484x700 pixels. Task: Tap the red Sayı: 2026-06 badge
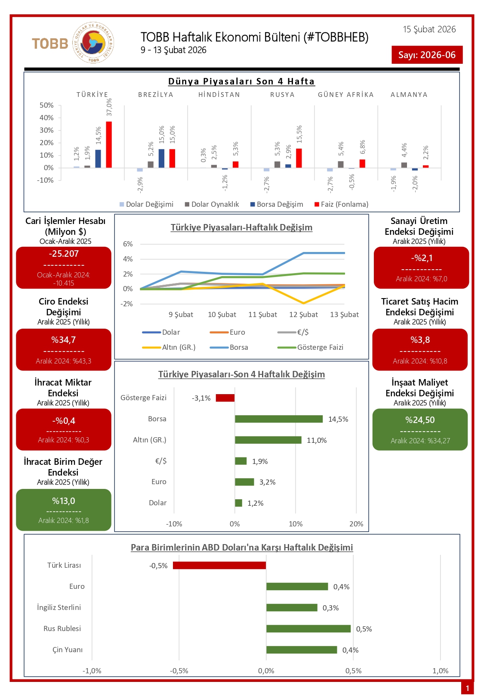[x=427, y=55]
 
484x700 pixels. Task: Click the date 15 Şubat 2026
[x=429, y=29]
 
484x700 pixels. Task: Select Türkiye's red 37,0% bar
[x=109, y=144]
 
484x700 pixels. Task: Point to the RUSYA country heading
[x=282, y=95]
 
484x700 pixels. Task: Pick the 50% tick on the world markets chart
[x=46, y=105]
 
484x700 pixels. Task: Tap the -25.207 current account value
[x=64, y=254]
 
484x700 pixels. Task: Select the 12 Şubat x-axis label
[x=303, y=314]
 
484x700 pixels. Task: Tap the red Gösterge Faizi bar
[x=225, y=398]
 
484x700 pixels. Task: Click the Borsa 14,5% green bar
[x=278, y=419]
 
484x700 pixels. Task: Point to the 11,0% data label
[x=316, y=440]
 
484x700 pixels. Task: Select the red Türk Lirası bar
[x=219, y=565]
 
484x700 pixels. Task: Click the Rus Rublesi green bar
[x=308, y=628]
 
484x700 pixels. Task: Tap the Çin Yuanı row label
[x=68, y=650]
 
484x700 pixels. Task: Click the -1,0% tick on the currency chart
[x=92, y=671]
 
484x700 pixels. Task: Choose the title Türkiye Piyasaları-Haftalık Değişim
[x=241, y=227]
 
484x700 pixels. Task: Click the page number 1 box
[x=467, y=688]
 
